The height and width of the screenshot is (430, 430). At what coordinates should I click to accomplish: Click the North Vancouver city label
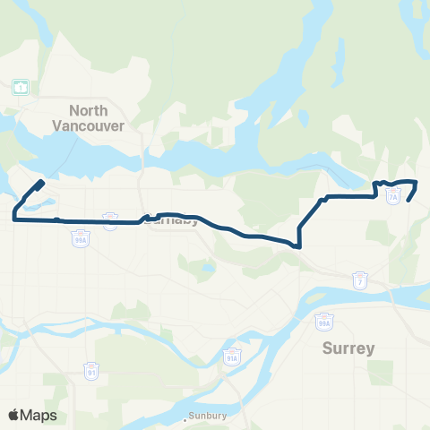click(x=99, y=118)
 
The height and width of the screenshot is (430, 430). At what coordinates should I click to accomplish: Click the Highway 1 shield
click(x=20, y=87)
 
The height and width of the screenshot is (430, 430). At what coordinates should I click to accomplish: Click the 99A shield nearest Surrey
click(x=323, y=319)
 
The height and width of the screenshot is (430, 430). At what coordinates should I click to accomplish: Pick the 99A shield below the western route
click(x=80, y=239)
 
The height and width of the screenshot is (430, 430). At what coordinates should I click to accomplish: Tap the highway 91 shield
click(x=91, y=369)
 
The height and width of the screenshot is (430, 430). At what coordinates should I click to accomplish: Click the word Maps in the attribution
click(x=39, y=415)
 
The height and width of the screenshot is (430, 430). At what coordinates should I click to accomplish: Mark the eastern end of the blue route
click(x=408, y=201)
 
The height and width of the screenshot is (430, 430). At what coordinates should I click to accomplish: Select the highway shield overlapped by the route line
click(x=111, y=220)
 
